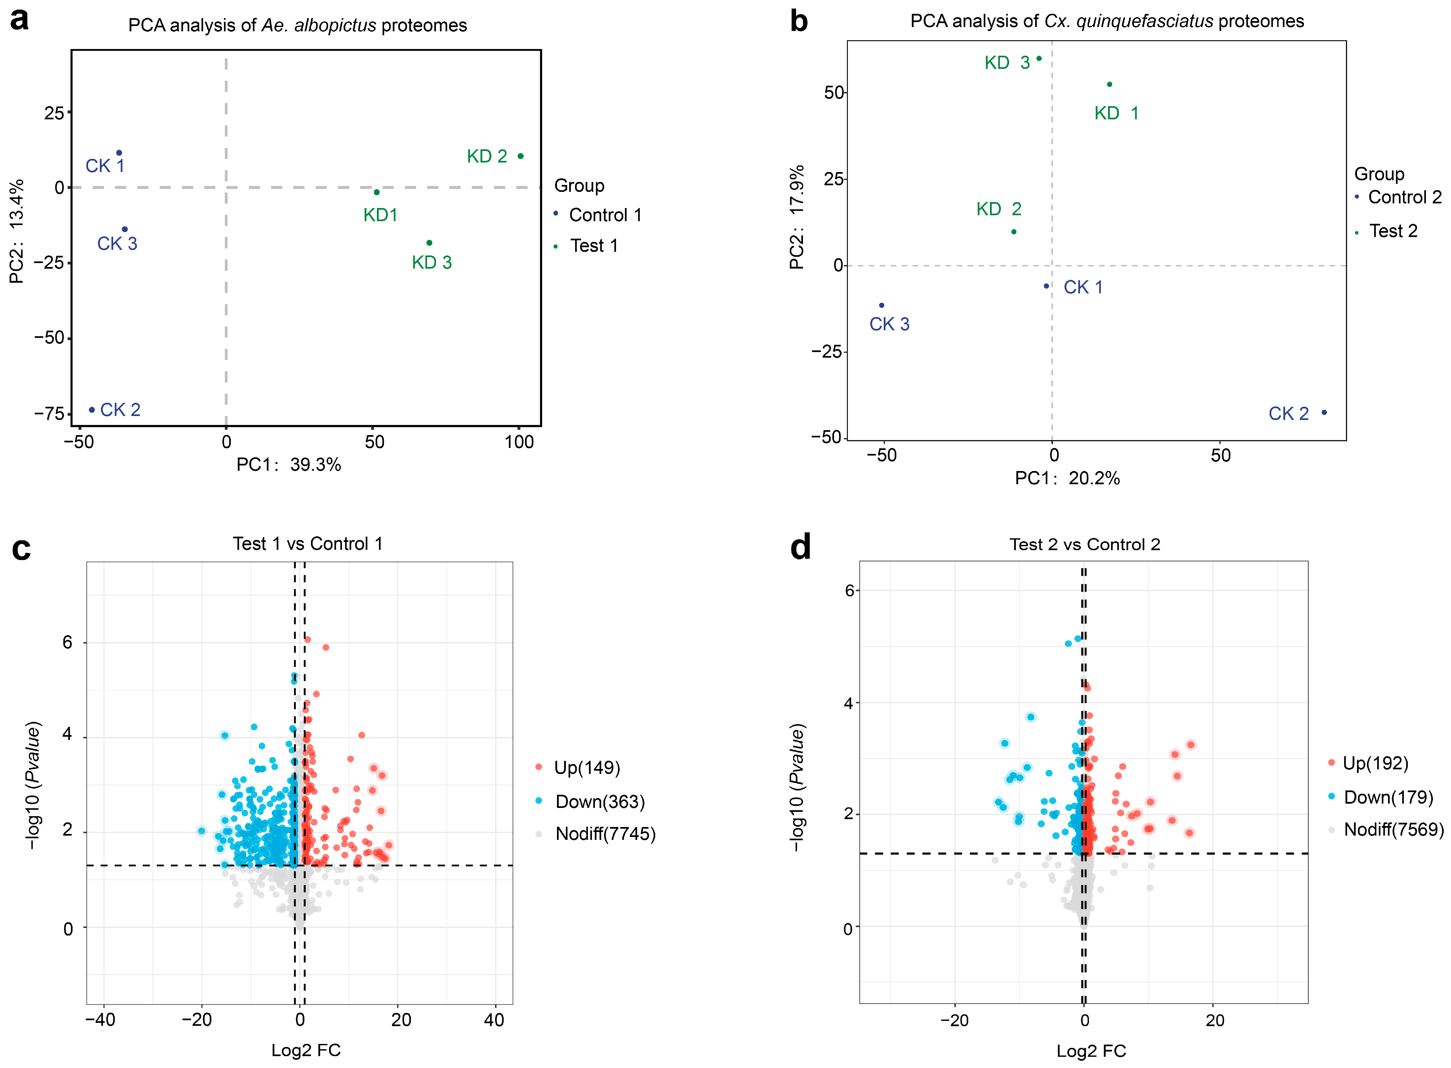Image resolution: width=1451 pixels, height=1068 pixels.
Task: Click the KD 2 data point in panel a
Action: coord(520,156)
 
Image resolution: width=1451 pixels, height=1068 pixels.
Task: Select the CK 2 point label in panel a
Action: coord(120,410)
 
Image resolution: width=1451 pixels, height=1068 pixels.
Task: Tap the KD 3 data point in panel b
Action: coord(1039,58)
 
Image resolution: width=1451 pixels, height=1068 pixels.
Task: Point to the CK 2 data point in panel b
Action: coord(1324,412)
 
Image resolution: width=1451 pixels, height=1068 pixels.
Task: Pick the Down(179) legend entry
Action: coord(1380,797)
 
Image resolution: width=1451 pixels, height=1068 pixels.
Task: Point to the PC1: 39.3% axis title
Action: coord(289,465)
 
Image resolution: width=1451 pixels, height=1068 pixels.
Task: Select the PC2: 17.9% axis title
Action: coord(797,217)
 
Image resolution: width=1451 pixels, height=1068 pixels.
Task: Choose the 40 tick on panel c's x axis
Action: coord(494,1020)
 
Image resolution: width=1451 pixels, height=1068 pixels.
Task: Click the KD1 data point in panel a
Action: coord(376,192)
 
